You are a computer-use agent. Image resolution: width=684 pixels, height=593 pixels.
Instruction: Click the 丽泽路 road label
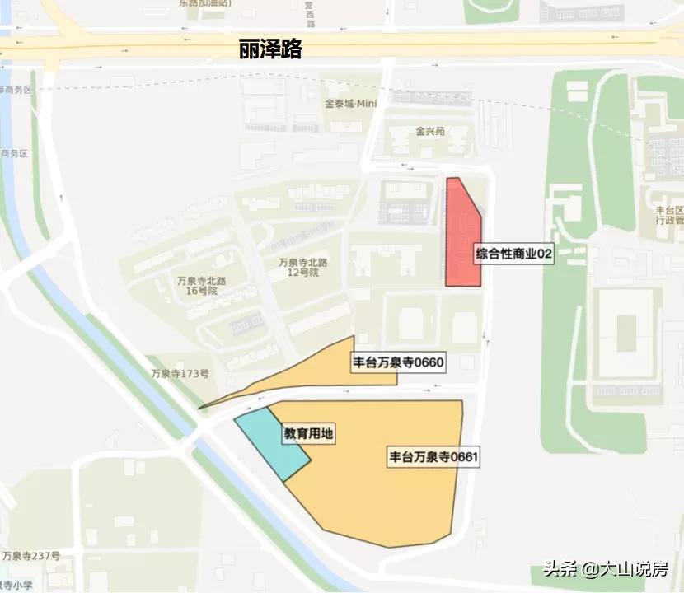point(270,49)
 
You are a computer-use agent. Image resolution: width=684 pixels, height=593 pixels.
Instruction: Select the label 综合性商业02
point(513,255)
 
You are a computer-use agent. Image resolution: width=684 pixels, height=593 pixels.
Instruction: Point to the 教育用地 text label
point(309,433)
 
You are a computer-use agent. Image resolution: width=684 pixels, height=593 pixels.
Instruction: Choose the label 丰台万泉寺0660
point(398,362)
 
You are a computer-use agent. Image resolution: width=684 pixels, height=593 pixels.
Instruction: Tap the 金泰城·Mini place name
point(350,105)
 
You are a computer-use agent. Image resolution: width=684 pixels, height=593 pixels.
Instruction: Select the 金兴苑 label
point(429,131)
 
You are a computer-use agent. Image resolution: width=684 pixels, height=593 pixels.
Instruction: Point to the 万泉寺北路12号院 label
point(303,267)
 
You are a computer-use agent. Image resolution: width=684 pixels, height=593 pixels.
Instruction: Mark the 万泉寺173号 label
point(180,373)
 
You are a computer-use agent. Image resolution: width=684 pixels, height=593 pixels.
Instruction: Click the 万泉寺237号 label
point(30,556)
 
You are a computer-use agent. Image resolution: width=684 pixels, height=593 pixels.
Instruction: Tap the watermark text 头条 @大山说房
point(605,569)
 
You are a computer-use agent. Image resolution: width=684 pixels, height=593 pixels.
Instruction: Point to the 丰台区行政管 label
point(664,215)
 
